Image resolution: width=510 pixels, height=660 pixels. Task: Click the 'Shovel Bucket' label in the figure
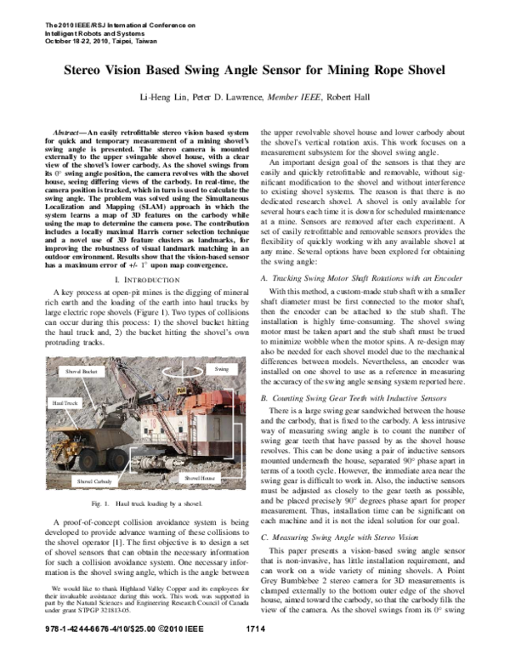point(78,373)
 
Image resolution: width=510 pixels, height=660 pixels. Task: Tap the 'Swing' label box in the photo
point(222,369)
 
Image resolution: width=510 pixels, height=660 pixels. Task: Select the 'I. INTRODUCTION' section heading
point(144,255)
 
